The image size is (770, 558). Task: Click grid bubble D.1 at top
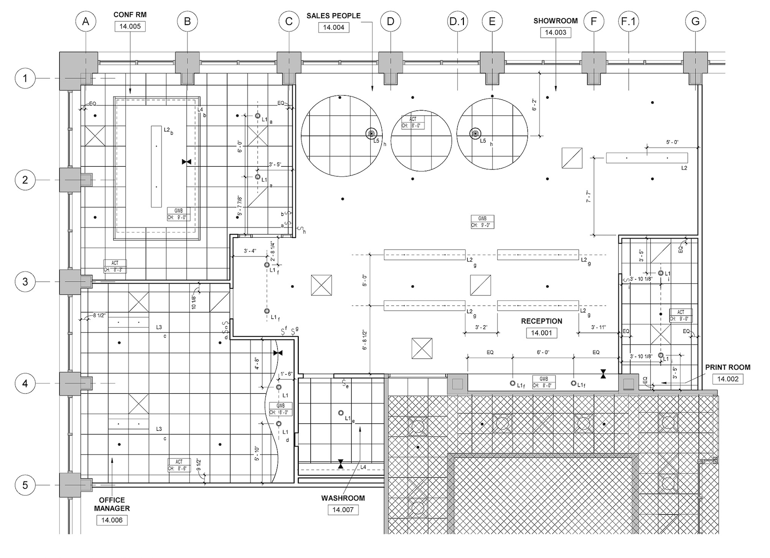[457, 21]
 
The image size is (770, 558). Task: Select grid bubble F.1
[629, 21]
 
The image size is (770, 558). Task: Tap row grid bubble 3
[25, 282]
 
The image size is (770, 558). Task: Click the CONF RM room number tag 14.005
[130, 26]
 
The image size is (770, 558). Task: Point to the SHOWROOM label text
[555, 21]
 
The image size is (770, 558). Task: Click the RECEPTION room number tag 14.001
[541, 333]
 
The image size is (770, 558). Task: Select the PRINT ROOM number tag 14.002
[728, 379]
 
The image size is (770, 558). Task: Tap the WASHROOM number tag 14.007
[343, 510]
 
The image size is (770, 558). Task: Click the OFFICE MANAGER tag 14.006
[112, 520]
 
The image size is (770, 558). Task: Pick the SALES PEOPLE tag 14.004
[334, 27]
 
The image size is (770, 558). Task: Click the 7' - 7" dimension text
[588, 196]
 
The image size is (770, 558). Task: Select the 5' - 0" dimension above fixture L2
[672, 142]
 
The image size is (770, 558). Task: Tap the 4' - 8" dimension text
[257, 363]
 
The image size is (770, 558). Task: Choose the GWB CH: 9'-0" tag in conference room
[178, 214]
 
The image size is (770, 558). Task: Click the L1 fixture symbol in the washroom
[341, 413]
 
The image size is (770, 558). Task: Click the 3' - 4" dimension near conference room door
[250, 251]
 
